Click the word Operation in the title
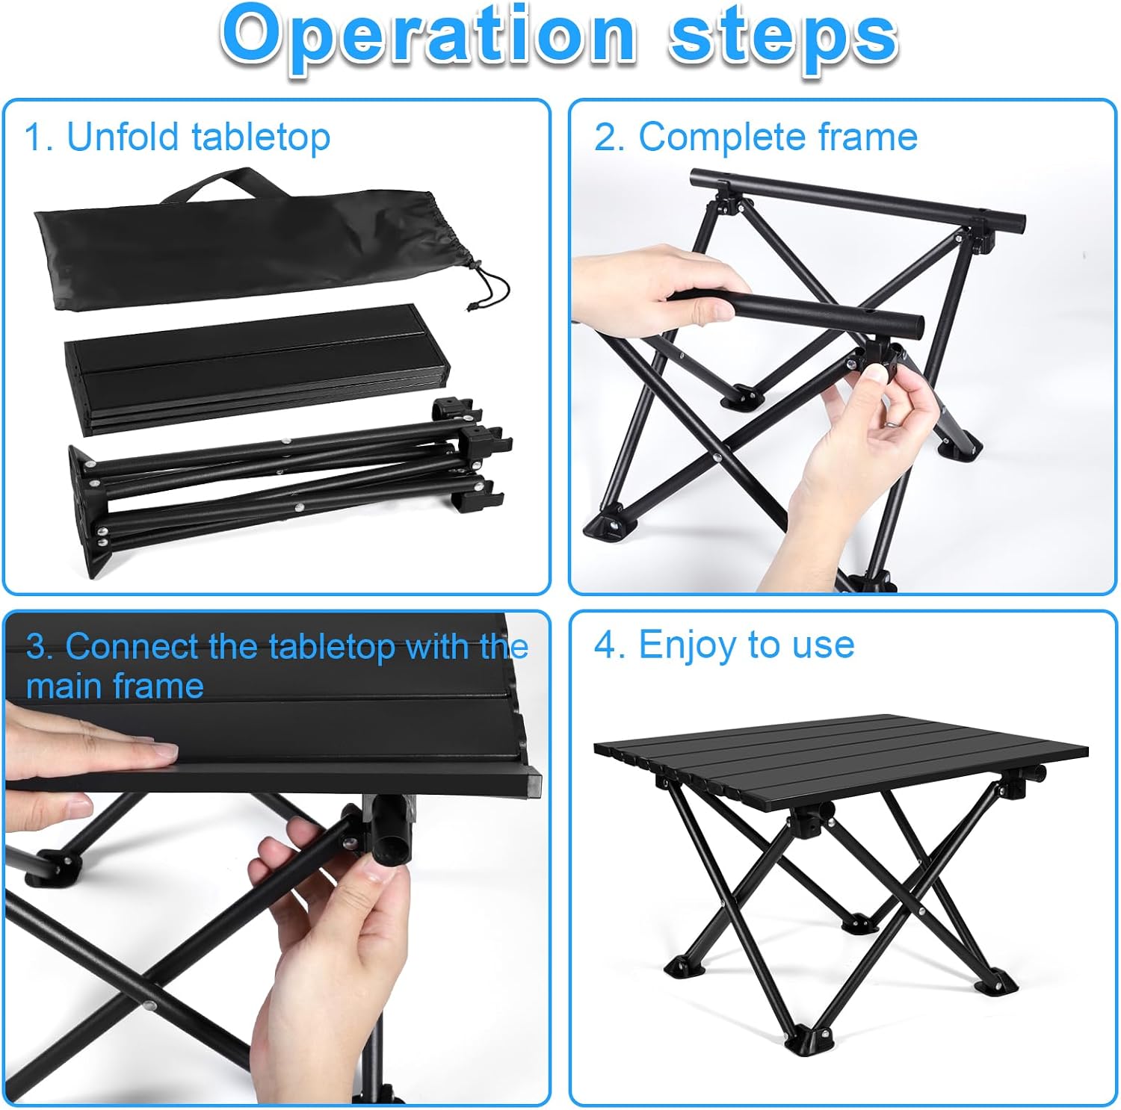pyautogui.click(x=427, y=37)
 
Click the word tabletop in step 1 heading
pyautogui.click(x=261, y=138)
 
